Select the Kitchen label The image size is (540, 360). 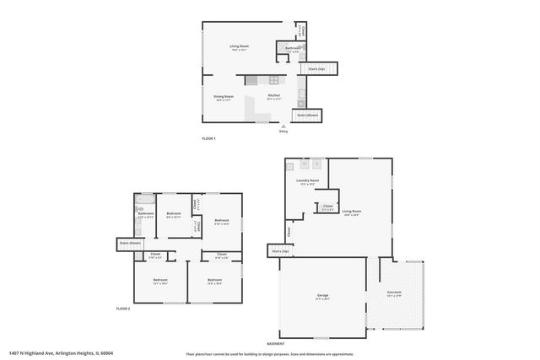274,96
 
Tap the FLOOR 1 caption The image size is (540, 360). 208,138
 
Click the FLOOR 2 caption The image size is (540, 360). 124,309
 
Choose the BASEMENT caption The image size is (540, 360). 276,344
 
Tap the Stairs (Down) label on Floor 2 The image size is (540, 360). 129,244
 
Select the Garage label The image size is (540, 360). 322,295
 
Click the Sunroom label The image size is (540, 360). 394,293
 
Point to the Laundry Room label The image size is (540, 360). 307,180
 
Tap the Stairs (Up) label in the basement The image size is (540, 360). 279,250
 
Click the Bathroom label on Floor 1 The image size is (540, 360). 293,48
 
